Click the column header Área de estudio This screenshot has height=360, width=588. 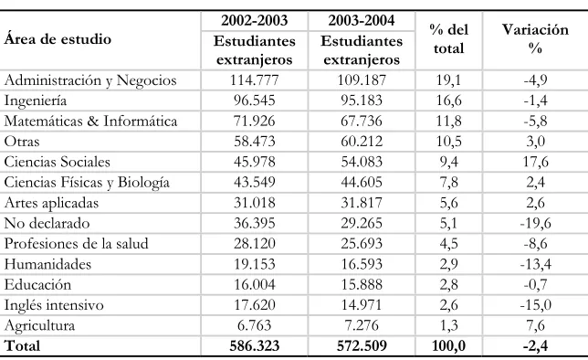pyautogui.click(x=58, y=39)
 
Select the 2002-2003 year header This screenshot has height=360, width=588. pyautogui.click(x=254, y=20)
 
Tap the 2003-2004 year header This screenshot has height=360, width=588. pyautogui.click(x=362, y=20)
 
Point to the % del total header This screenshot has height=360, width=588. pyautogui.click(x=449, y=39)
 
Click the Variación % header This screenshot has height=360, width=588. pyautogui.click(x=535, y=39)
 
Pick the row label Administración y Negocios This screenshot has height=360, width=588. pyautogui.click(x=90, y=80)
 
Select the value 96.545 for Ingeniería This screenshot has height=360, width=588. pyautogui.click(x=254, y=101)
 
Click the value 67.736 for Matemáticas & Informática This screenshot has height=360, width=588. pyautogui.click(x=362, y=121)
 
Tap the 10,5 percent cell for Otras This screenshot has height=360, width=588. pyautogui.click(x=448, y=142)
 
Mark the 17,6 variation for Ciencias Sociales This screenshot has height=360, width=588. pyautogui.click(x=535, y=162)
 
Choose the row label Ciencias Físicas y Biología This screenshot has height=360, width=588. pyautogui.click(x=87, y=183)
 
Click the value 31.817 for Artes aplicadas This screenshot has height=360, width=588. pyautogui.click(x=362, y=203)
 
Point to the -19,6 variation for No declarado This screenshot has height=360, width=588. pyautogui.click(x=535, y=223)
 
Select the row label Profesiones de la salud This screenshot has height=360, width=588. pyautogui.click(x=76, y=244)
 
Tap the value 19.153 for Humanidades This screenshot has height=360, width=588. pyautogui.click(x=254, y=264)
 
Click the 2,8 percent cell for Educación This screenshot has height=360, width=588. pyautogui.click(x=448, y=284)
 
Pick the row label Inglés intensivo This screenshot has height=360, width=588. pyautogui.click(x=54, y=305)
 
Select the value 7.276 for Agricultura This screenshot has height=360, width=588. pyautogui.click(x=362, y=325)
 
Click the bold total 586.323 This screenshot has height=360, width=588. pyautogui.click(x=254, y=345)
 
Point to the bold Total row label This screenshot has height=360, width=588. pyautogui.click(x=22, y=345)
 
